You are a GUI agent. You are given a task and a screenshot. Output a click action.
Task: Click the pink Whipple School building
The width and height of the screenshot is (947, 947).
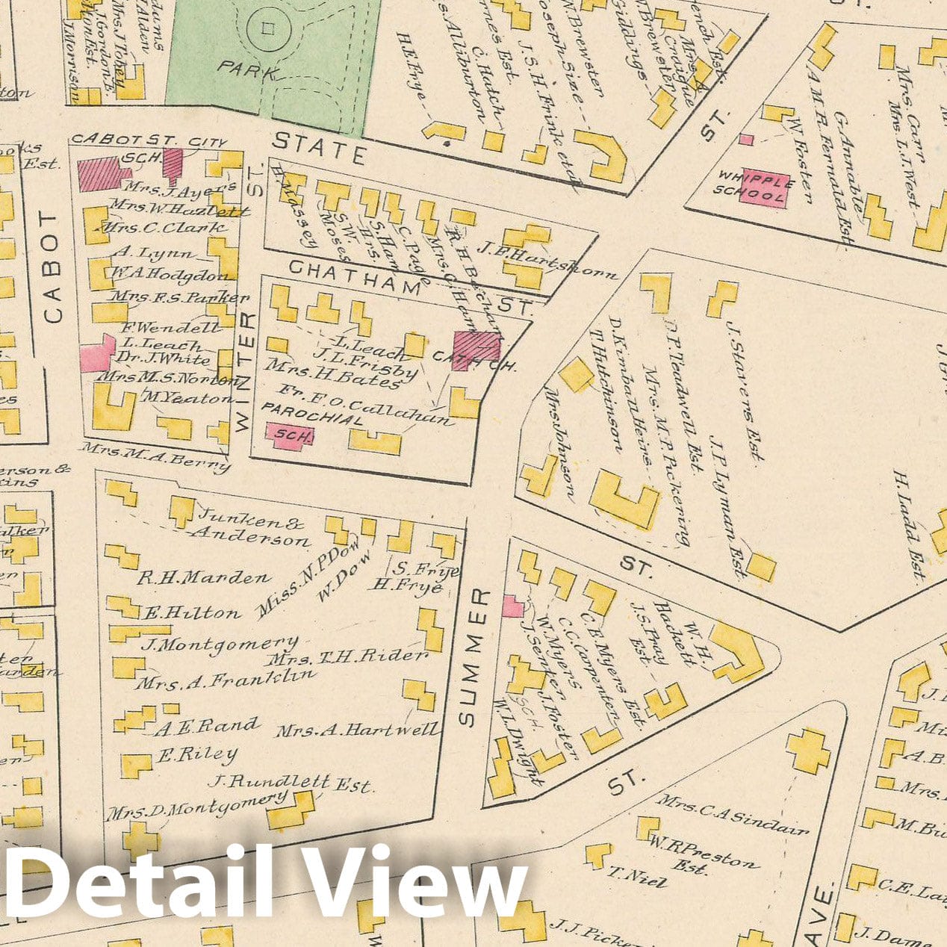(x=763, y=187)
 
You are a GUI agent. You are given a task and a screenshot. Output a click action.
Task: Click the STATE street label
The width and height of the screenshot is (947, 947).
(x=319, y=148)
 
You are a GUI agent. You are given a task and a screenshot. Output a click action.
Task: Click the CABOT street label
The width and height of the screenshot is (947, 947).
(x=52, y=267)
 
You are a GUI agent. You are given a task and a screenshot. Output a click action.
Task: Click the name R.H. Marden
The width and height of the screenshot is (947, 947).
(x=203, y=577)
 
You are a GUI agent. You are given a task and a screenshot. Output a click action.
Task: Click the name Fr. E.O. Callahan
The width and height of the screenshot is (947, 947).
(x=364, y=405)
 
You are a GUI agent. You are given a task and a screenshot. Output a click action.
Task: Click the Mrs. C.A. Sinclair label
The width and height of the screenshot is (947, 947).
(x=732, y=813)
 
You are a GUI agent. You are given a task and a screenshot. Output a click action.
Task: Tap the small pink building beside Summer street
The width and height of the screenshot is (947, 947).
(x=512, y=606)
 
